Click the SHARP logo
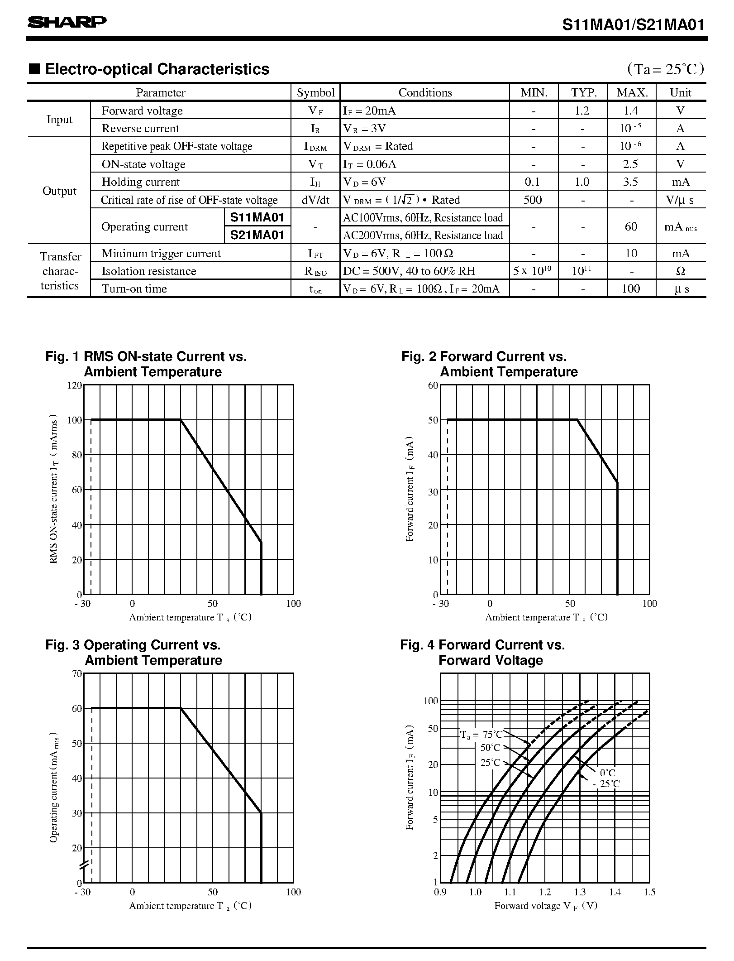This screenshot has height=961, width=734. (67, 22)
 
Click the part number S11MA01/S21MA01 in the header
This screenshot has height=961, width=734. (633, 25)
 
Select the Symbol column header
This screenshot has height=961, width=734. (315, 93)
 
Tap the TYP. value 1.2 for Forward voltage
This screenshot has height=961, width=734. (582, 111)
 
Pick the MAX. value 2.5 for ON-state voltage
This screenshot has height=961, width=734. (630, 164)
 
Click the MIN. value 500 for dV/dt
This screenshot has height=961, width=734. (533, 200)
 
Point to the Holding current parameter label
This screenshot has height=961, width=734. (141, 182)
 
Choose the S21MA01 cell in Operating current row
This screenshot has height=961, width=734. (257, 235)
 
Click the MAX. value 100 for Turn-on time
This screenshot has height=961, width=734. (631, 289)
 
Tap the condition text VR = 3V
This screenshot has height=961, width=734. (365, 129)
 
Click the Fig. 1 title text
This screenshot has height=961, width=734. (146, 364)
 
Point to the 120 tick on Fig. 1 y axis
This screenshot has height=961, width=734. (75, 385)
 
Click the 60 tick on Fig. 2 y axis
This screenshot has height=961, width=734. (433, 385)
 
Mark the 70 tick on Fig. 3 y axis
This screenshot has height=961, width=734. (76, 673)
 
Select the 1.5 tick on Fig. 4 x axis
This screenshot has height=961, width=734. (649, 892)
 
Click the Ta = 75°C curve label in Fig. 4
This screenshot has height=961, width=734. (481, 734)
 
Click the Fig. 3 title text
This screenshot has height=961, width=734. (133, 653)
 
